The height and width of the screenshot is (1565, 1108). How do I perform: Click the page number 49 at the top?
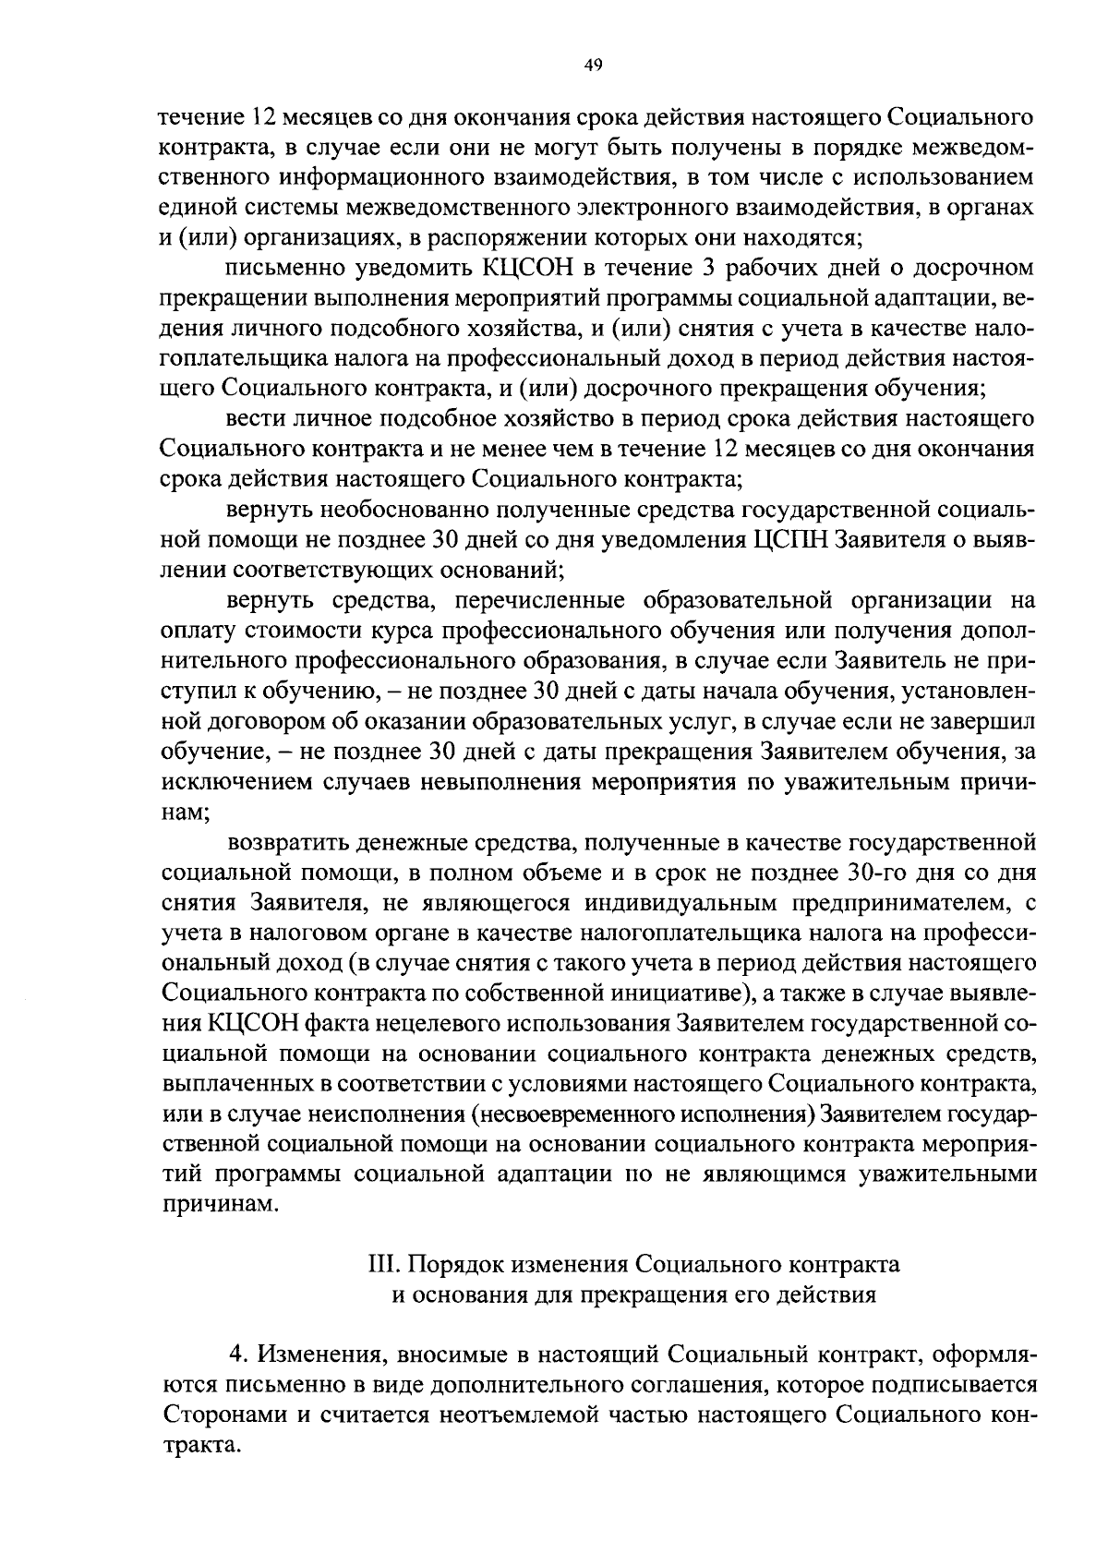(593, 64)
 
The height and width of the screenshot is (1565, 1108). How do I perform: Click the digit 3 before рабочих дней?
(734, 268)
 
